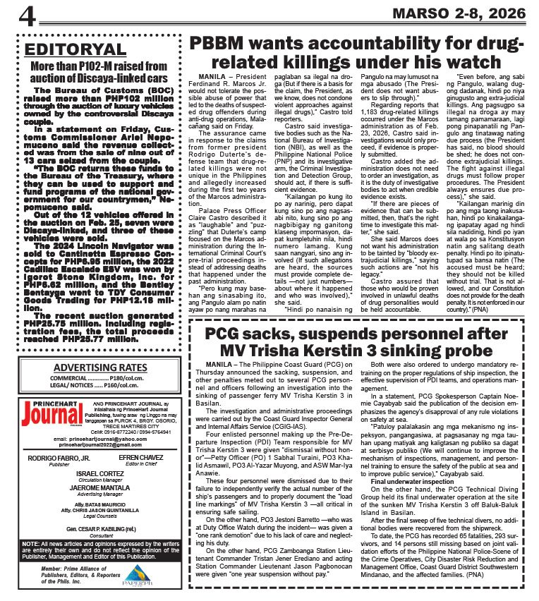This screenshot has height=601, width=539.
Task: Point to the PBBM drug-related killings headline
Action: click(357, 52)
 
